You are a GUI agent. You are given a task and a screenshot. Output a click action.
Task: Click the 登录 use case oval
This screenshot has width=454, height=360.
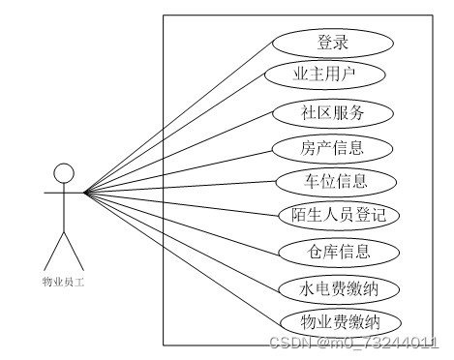click(332, 43)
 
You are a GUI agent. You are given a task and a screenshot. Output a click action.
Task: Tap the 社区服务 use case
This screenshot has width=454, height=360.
click(332, 112)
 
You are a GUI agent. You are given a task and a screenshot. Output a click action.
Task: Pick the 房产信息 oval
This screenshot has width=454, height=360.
click(332, 147)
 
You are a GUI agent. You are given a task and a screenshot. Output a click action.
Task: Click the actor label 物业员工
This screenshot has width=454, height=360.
click(63, 282)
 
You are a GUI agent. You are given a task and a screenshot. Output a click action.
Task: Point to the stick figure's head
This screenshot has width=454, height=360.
click(63, 175)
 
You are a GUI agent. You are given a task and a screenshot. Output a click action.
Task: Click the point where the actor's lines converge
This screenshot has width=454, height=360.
click(85, 192)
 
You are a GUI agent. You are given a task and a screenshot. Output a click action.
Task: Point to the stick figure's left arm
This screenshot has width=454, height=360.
click(51, 192)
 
